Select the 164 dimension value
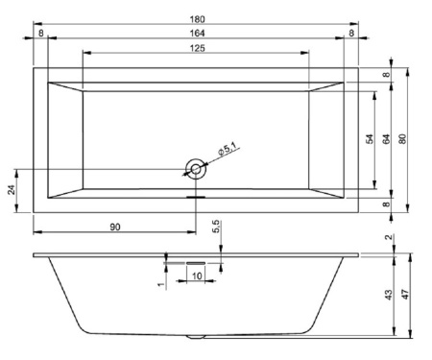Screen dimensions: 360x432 click(x=196, y=35)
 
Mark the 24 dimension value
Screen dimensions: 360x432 click(x=12, y=189)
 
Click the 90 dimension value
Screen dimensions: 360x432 click(x=114, y=227)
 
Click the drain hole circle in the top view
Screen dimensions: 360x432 click(x=196, y=170)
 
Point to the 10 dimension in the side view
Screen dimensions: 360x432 click(x=196, y=276)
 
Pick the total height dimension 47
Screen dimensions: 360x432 click(x=403, y=296)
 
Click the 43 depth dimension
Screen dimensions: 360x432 click(x=387, y=296)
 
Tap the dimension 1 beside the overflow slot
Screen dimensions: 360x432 click(x=162, y=283)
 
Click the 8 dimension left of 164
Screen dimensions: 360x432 click(x=40, y=35)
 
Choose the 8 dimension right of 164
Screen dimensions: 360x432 click(x=351, y=35)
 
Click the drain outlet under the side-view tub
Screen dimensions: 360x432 click(x=196, y=338)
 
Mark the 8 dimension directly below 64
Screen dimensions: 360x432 click(x=386, y=204)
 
